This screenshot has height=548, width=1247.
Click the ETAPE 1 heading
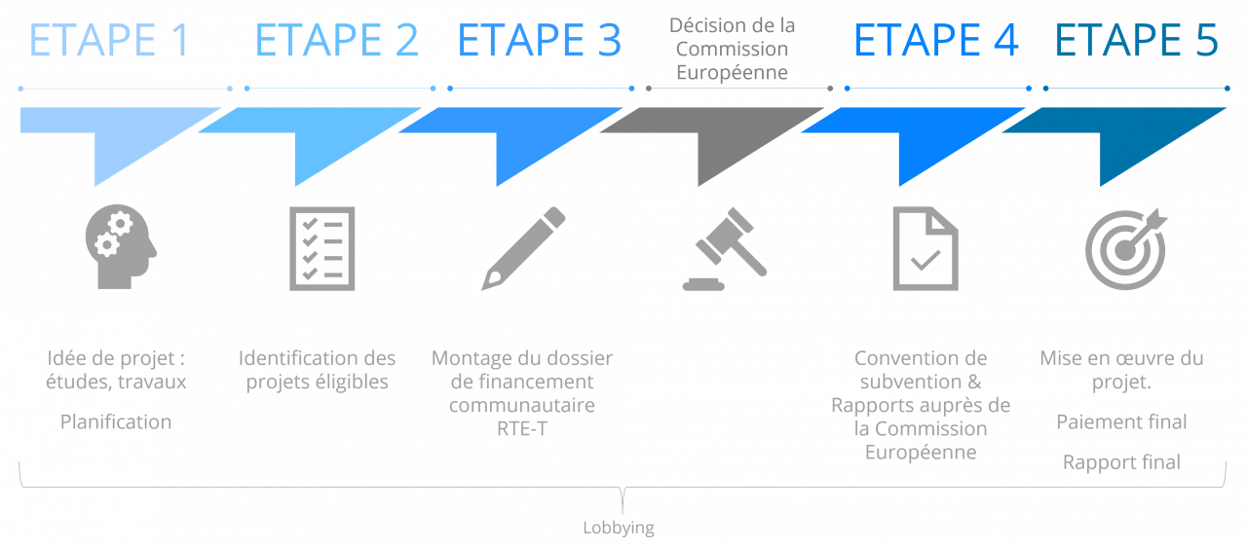point(109,41)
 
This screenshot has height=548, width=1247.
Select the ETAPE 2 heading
point(336,41)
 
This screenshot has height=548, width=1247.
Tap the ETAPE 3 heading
point(539,41)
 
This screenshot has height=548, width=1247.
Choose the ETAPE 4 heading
point(935,41)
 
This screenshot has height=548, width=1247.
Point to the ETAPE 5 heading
point(1136,41)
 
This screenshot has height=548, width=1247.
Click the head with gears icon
point(121,248)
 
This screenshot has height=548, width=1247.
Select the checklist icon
point(321,248)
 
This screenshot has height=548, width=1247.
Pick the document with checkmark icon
point(925,248)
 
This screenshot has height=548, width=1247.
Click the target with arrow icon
point(1125,248)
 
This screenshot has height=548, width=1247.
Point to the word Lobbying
point(619,529)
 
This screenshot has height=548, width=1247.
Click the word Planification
point(116,421)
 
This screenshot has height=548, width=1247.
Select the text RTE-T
point(521,428)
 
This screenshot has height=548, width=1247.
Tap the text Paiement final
point(1121,421)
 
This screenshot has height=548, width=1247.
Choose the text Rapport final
point(1121,462)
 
